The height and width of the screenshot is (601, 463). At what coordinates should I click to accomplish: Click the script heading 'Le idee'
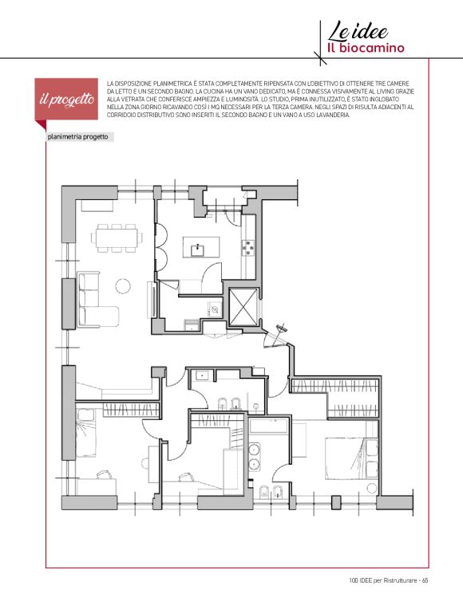(358, 31)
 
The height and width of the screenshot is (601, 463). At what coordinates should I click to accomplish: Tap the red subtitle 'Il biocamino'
(366, 49)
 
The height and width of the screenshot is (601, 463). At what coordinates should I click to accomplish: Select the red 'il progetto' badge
(66, 99)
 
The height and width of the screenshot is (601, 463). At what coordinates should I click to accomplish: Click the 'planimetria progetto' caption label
(78, 137)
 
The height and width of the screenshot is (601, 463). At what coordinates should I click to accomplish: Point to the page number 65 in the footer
(425, 580)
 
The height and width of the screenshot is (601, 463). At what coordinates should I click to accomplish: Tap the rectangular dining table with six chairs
(117, 238)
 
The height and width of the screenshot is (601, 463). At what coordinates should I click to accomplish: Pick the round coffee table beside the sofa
(123, 286)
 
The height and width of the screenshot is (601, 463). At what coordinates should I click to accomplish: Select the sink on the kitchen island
(198, 250)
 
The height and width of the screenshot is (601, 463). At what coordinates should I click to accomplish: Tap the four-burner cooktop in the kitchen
(248, 248)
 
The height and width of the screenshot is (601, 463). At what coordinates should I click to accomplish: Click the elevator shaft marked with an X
(243, 307)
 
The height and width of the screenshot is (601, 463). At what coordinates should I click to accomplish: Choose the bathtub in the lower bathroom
(268, 426)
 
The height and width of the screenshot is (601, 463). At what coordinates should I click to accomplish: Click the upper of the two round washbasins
(254, 449)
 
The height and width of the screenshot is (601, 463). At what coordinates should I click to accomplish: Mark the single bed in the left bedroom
(86, 433)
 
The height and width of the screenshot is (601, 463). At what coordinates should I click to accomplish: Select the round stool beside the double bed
(371, 489)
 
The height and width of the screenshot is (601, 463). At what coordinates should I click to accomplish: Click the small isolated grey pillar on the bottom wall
(336, 501)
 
